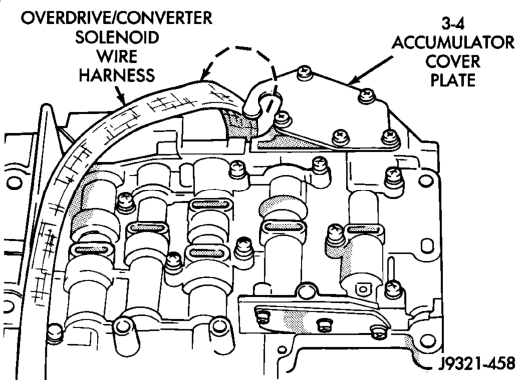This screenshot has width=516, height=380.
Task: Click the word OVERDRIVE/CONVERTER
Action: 116,18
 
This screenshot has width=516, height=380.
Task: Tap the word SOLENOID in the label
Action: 117,37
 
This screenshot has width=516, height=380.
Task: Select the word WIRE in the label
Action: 117,56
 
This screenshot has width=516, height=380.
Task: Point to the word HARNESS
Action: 117,75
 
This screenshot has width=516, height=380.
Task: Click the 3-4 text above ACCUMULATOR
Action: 453,24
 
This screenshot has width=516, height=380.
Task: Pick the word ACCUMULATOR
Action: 453,43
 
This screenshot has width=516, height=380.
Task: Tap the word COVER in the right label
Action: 453,62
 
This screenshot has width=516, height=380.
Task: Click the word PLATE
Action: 453,80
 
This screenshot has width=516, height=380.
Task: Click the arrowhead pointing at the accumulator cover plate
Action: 353,80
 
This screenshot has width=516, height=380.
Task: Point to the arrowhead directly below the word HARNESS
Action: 122,98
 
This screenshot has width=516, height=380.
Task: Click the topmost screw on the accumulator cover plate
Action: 304,73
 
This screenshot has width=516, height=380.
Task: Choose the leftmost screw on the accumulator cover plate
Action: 283,119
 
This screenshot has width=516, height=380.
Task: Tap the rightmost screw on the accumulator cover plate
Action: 389,136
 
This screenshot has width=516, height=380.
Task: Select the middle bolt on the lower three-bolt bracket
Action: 324,325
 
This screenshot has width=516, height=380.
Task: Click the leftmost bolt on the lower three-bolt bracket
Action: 262,316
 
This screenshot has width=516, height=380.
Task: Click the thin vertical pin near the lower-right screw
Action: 392,269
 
